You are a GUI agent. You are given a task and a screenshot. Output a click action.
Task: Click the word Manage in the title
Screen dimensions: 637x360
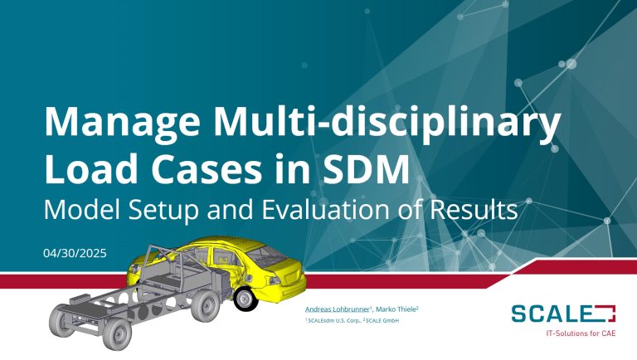tap(122, 123)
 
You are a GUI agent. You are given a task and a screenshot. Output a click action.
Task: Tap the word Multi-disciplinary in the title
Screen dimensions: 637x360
tap(387, 122)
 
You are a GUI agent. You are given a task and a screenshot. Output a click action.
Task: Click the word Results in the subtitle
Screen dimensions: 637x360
tap(474, 210)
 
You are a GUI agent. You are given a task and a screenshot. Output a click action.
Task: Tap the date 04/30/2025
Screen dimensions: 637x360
tap(75, 253)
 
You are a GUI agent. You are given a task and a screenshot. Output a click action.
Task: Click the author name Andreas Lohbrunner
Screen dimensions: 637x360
tap(338, 309)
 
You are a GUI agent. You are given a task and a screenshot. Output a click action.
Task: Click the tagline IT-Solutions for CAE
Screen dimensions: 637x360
tap(581, 333)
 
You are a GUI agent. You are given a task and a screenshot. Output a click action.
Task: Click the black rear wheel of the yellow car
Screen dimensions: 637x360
tap(246, 299)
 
